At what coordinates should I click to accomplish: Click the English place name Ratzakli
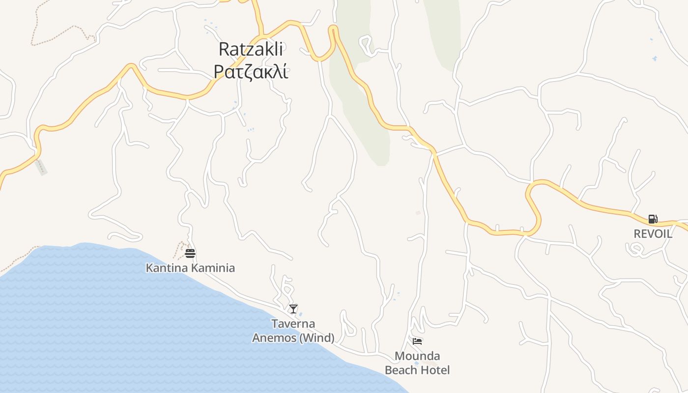[x=251, y=49]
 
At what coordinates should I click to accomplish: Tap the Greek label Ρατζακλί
[x=251, y=71]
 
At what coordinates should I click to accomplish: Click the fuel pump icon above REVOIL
[x=653, y=219]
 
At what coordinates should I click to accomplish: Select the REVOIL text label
[x=653, y=234]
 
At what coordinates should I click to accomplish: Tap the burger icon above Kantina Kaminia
[x=190, y=253]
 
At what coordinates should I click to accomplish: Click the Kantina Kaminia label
[x=190, y=268]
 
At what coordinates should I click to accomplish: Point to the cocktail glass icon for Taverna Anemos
[x=293, y=309]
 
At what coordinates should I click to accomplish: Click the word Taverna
[x=293, y=324]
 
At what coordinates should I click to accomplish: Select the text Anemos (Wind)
[x=293, y=338]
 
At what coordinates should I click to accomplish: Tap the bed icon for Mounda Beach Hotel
[x=417, y=341]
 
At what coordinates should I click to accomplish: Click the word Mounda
[x=417, y=356]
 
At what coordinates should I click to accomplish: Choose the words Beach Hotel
[x=417, y=370]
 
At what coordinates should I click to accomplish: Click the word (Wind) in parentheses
[x=317, y=338]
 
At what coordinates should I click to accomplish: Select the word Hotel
[x=435, y=370]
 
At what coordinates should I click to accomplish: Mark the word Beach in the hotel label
[x=401, y=370]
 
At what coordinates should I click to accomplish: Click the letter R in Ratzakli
[x=224, y=49]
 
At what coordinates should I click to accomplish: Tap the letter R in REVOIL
[x=637, y=234]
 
